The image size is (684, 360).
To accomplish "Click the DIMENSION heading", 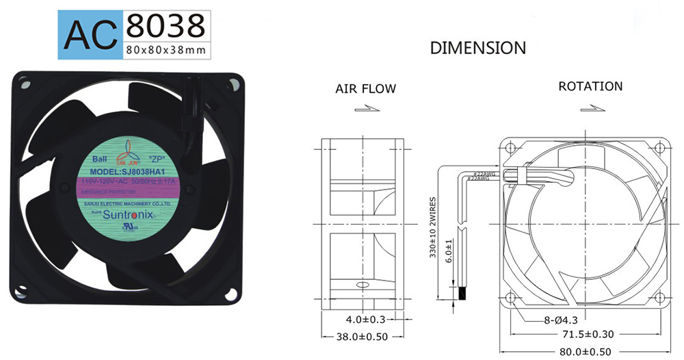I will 477,48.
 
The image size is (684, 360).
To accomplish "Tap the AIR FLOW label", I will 365,89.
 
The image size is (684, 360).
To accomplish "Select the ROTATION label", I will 590,86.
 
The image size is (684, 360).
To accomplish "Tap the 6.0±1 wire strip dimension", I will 449,251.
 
